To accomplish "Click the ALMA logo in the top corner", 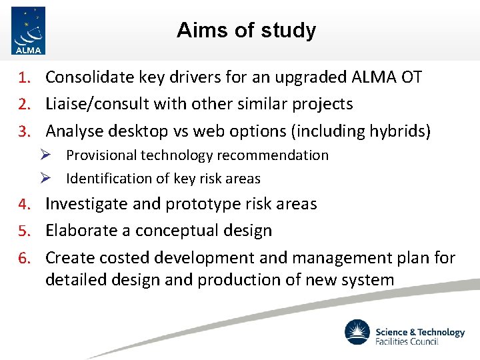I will click(x=29, y=30).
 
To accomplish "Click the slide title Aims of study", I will click(x=246, y=30).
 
